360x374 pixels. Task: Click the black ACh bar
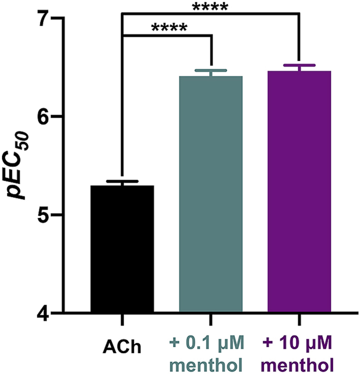click(x=122, y=248)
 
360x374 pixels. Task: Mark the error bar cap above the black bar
click(x=122, y=181)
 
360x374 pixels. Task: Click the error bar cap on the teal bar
click(x=211, y=70)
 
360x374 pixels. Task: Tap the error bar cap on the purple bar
click(x=299, y=66)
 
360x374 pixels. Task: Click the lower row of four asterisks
click(x=170, y=27)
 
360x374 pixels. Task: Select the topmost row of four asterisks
click(x=210, y=7)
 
